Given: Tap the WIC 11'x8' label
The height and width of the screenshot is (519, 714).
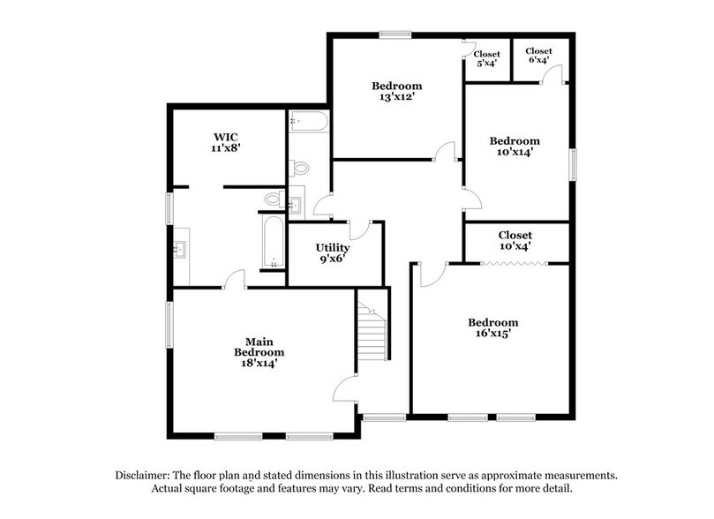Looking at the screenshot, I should [226, 143].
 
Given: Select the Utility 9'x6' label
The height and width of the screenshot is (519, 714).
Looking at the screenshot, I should [333, 254].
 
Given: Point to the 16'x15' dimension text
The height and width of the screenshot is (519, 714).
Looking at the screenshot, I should [492, 334].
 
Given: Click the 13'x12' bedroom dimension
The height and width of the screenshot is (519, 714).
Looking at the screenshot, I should [396, 98].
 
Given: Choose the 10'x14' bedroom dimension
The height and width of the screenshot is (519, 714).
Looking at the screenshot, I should [515, 152].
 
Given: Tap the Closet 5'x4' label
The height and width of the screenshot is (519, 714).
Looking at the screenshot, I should [486, 57].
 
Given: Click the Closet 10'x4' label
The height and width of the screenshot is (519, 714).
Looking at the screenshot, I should [515, 241].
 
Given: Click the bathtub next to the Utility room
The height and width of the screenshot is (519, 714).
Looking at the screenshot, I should [274, 240].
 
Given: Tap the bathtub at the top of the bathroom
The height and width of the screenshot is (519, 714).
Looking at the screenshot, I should [308, 122].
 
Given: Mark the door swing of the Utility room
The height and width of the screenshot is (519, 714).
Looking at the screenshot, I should [358, 230].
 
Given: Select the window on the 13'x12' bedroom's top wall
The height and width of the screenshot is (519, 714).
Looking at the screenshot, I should [395, 34].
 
